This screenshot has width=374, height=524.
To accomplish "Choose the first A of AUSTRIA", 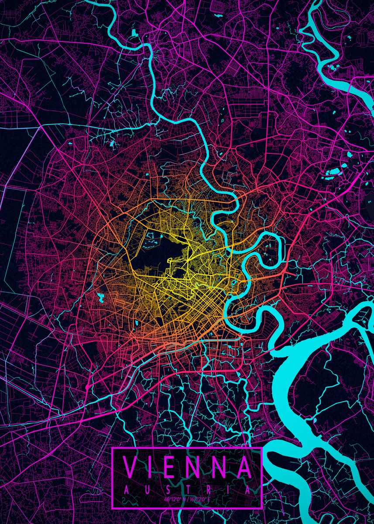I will pos(126,490).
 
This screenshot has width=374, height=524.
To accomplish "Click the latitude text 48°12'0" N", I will pos(175,499).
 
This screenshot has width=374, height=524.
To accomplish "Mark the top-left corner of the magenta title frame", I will pos(113,448).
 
